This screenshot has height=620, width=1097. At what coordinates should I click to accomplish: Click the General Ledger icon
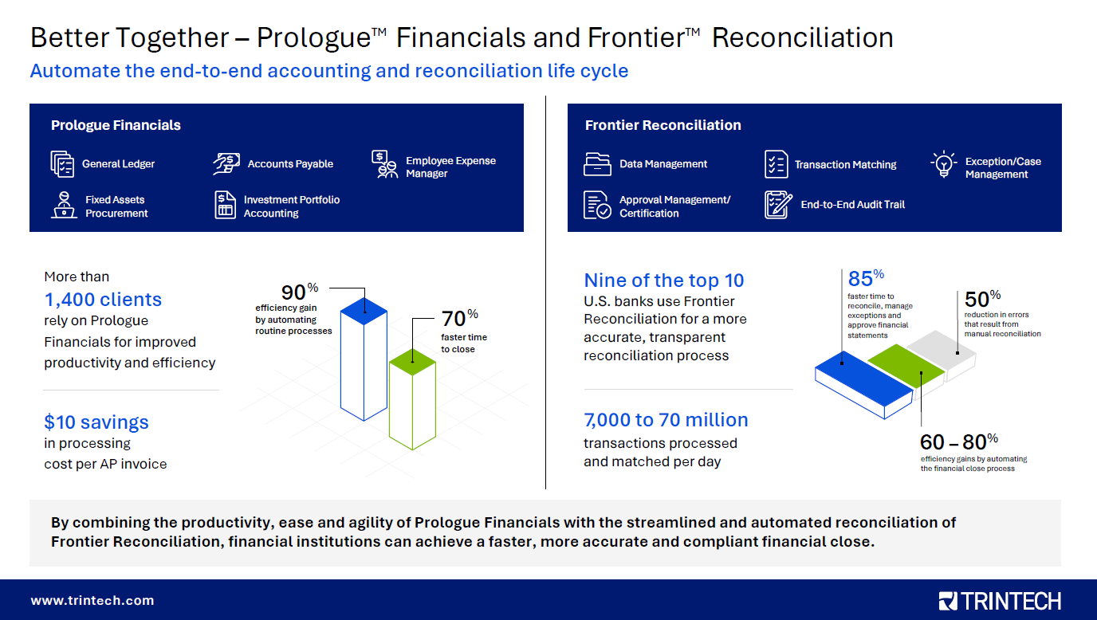[x=62, y=163]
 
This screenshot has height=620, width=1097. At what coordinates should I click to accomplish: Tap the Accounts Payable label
[x=290, y=164]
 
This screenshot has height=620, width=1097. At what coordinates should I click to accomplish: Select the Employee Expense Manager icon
[x=385, y=165]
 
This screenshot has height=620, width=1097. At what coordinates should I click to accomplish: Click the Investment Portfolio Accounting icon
[x=226, y=205]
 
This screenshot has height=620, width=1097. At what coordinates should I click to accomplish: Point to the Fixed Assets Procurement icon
[x=63, y=205]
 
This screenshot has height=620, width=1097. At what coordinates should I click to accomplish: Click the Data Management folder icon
[x=596, y=164]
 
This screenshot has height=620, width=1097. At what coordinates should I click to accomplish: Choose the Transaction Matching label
[x=845, y=165]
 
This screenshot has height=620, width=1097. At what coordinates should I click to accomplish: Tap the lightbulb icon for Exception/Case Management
[x=944, y=164]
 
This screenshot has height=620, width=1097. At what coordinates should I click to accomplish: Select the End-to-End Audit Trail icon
[x=778, y=205]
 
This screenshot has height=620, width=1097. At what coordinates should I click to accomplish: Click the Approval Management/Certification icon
[x=597, y=205]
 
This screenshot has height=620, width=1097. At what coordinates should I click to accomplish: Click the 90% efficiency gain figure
[x=300, y=292]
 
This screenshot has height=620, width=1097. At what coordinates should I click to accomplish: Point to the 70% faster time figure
[x=459, y=319]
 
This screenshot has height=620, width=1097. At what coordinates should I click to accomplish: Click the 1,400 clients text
[x=103, y=300]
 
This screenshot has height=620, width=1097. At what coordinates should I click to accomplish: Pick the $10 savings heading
[x=96, y=422]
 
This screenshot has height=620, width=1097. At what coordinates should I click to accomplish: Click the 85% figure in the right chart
[x=866, y=279]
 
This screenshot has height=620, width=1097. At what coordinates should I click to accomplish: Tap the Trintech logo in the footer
[x=1000, y=601]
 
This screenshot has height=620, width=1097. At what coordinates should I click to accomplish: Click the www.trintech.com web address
[x=92, y=601]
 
